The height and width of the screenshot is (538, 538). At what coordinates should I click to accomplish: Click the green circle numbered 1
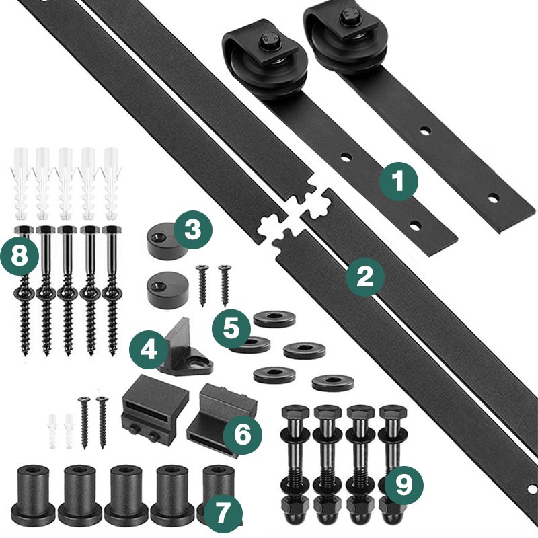pos(399,181)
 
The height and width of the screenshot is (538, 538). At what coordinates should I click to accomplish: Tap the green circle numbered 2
pos(364,277)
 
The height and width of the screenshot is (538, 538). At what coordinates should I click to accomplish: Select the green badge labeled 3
pos(192,230)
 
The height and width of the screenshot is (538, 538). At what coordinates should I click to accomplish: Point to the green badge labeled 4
pos(149,350)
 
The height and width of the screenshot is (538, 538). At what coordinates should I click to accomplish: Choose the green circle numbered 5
pos(231,329)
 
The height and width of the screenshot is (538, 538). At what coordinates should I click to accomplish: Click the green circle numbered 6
pos(243,434)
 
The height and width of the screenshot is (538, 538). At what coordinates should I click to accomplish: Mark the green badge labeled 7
pos(223,513)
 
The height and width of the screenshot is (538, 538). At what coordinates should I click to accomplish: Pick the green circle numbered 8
pos(20,256)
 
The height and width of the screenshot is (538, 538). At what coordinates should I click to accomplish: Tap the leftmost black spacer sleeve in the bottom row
pos(33,492)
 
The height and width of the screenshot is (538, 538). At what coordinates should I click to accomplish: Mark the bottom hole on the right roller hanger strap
pos(494,198)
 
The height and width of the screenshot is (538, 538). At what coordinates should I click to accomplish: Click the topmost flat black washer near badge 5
pos(274,319)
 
